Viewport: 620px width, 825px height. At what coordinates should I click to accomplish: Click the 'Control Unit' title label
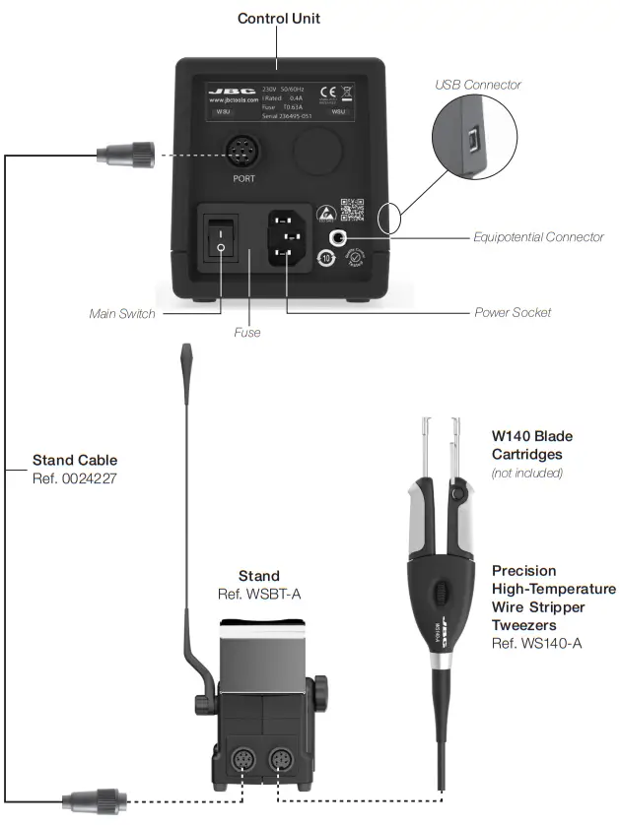279,18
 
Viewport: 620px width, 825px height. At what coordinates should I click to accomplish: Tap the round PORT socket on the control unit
243,153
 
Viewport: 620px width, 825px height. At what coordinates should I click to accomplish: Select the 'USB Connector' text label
478,85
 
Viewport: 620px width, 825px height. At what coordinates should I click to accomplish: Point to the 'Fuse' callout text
247,333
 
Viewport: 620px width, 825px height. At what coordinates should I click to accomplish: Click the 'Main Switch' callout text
122,314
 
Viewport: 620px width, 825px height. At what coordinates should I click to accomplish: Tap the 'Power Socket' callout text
513,313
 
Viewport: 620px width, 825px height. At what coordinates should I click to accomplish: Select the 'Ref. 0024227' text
75,478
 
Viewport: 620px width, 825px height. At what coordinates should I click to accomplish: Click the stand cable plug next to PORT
123,153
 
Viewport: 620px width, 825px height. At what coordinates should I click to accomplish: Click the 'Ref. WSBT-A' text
259,595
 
